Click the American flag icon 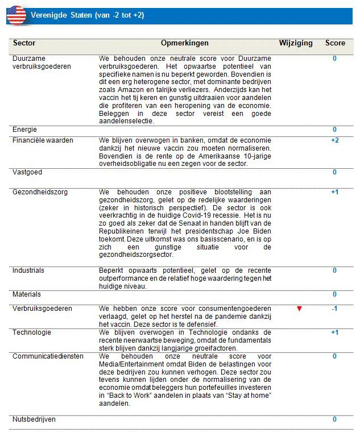click(16, 15)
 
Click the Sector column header click(24, 43)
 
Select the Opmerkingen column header click(184, 43)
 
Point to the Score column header click(335, 43)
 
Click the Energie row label click(24, 130)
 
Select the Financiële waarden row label click(43, 140)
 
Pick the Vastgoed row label click(27, 172)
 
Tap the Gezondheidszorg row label click(40, 193)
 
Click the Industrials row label click(28, 270)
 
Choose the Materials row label click(27, 294)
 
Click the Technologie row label click(32, 332)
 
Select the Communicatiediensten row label click(48, 356)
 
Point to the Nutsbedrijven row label click(34, 419)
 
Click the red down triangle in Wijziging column click(299, 309)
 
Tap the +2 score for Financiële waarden click(334, 140)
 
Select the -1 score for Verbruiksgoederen click(334, 309)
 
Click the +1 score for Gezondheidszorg click(334, 193)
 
